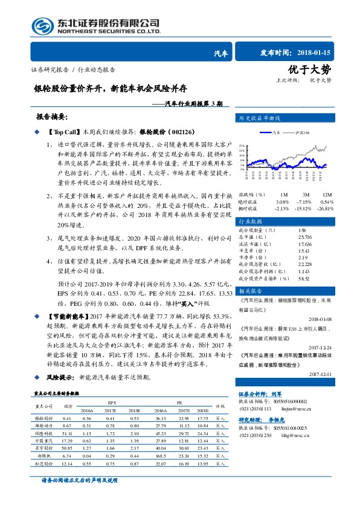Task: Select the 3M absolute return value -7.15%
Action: pos(301,201)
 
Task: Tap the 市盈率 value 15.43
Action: pos(303,250)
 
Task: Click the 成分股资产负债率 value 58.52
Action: pos(303,278)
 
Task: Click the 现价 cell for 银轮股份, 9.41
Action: pos(67,418)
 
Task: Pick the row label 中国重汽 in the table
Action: pos(43,441)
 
